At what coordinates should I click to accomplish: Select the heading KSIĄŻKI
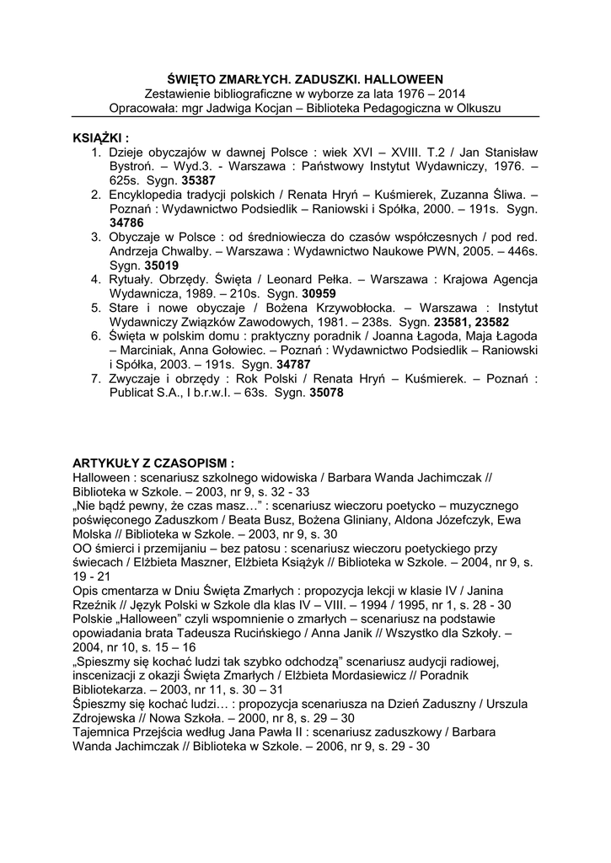[x=101, y=138]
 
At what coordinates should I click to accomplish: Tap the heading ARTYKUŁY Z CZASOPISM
[x=153, y=463]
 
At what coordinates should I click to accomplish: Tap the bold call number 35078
[x=326, y=393]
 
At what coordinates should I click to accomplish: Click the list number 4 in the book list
[x=96, y=279]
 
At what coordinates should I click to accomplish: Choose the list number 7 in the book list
[x=96, y=378]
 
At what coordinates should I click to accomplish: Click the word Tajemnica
[x=105, y=732]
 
